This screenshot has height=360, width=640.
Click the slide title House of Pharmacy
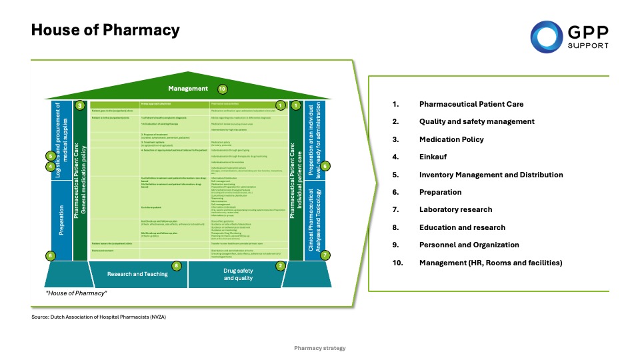click(105, 31)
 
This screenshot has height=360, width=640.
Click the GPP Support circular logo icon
click(546, 35)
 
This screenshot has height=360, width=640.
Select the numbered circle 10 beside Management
click(223, 89)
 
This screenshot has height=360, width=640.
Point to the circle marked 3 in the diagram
click(79, 105)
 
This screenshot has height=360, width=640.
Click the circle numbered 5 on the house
click(50, 157)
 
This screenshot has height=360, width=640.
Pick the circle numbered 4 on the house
click(50, 167)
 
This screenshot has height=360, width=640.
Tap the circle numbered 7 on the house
click(325, 255)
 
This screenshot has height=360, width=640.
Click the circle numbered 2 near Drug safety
click(281, 265)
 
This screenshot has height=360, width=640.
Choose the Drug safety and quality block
click(238, 274)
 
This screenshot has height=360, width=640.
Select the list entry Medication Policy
click(451, 139)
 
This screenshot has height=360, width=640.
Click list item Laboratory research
click(456, 209)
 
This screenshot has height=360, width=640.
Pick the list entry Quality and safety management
click(477, 121)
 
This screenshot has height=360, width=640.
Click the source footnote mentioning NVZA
click(98, 317)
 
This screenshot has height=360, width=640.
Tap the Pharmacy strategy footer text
click(320, 348)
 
